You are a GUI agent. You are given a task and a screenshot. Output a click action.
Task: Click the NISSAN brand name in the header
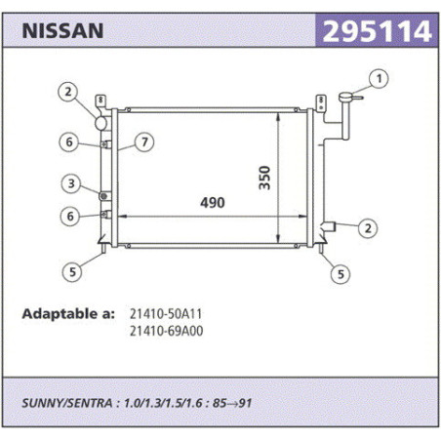click(x=62, y=31)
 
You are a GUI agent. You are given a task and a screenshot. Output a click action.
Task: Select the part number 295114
click(x=377, y=31)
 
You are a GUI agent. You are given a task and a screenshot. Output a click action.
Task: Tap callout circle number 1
click(x=379, y=79)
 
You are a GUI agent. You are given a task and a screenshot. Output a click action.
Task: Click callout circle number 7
click(x=144, y=142)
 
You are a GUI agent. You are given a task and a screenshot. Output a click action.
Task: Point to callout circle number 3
click(x=71, y=183)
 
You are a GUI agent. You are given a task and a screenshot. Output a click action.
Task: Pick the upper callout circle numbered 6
click(x=69, y=142)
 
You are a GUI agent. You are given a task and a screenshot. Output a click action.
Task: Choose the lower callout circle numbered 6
click(x=70, y=217)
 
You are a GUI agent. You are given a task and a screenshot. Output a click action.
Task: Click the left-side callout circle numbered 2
click(x=67, y=92)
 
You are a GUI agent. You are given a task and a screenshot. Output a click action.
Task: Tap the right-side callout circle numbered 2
click(x=368, y=228)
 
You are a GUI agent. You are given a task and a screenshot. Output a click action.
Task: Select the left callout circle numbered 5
click(x=72, y=271)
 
